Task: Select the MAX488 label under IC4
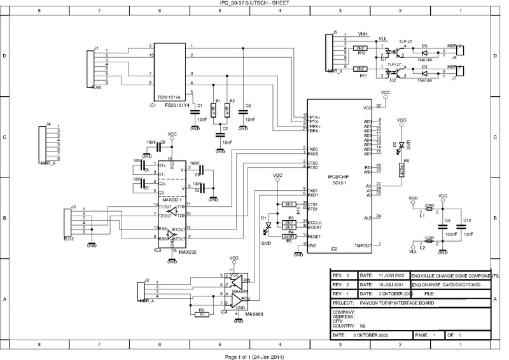pyautogui.click(x=254, y=314)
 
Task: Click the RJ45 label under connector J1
pyautogui.click(x=95, y=87)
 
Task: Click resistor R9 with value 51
pyautogui.click(x=202, y=314)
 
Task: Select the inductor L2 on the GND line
pyautogui.click(x=430, y=242)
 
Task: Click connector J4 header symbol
pyautogui.click(x=43, y=145)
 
